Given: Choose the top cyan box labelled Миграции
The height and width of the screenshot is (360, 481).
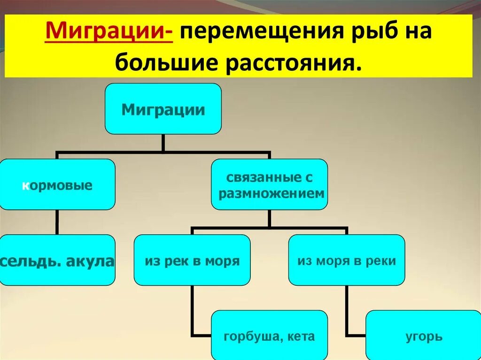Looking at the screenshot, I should (163, 109).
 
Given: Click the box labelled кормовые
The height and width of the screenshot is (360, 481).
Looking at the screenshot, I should (57, 184).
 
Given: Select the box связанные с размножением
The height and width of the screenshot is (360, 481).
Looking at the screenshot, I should (269, 184).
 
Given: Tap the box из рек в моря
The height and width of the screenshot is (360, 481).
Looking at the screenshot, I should (192, 260).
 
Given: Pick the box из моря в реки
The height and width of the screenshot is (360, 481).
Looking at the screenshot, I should (347, 260).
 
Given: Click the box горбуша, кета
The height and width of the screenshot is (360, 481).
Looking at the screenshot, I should (269, 336).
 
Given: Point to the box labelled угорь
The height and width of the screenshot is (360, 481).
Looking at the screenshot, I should (423, 336).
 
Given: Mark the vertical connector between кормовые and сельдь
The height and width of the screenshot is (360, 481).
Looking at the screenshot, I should (57, 222).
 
